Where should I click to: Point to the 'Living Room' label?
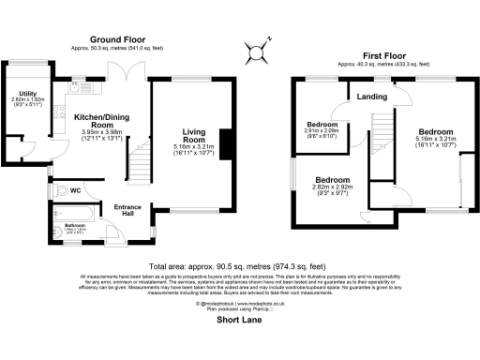(194, 136)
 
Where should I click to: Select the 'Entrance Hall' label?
(127, 208)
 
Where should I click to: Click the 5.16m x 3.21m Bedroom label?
(436, 131)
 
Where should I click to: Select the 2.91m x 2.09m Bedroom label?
(322, 125)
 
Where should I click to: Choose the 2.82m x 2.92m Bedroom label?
(332, 179)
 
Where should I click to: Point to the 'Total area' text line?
(240, 265)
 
